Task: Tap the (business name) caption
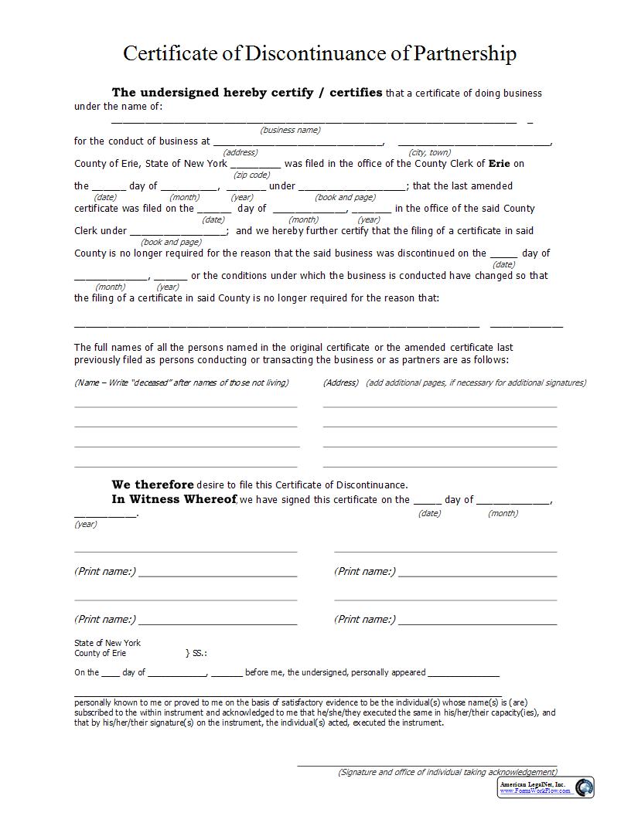click(x=290, y=130)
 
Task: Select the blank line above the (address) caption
click(x=298, y=143)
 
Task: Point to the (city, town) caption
click(x=430, y=152)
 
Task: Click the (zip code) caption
click(x=251, y=175)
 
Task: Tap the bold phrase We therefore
click(x=152, y=484)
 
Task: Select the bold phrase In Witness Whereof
click(x=173, y=499)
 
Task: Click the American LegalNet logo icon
click(x=584, y=787)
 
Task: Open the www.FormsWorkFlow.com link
click(x=532, y=790)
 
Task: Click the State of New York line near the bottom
click(x=107, y=643)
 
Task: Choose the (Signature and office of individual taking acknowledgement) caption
click(x=447, y=772)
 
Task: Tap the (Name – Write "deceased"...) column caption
click(x=181, y=382)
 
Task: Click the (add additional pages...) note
click(x=476, y=382)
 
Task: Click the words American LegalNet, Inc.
click(x=532, y=784)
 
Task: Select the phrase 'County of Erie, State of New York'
click(x=151, y=163)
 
